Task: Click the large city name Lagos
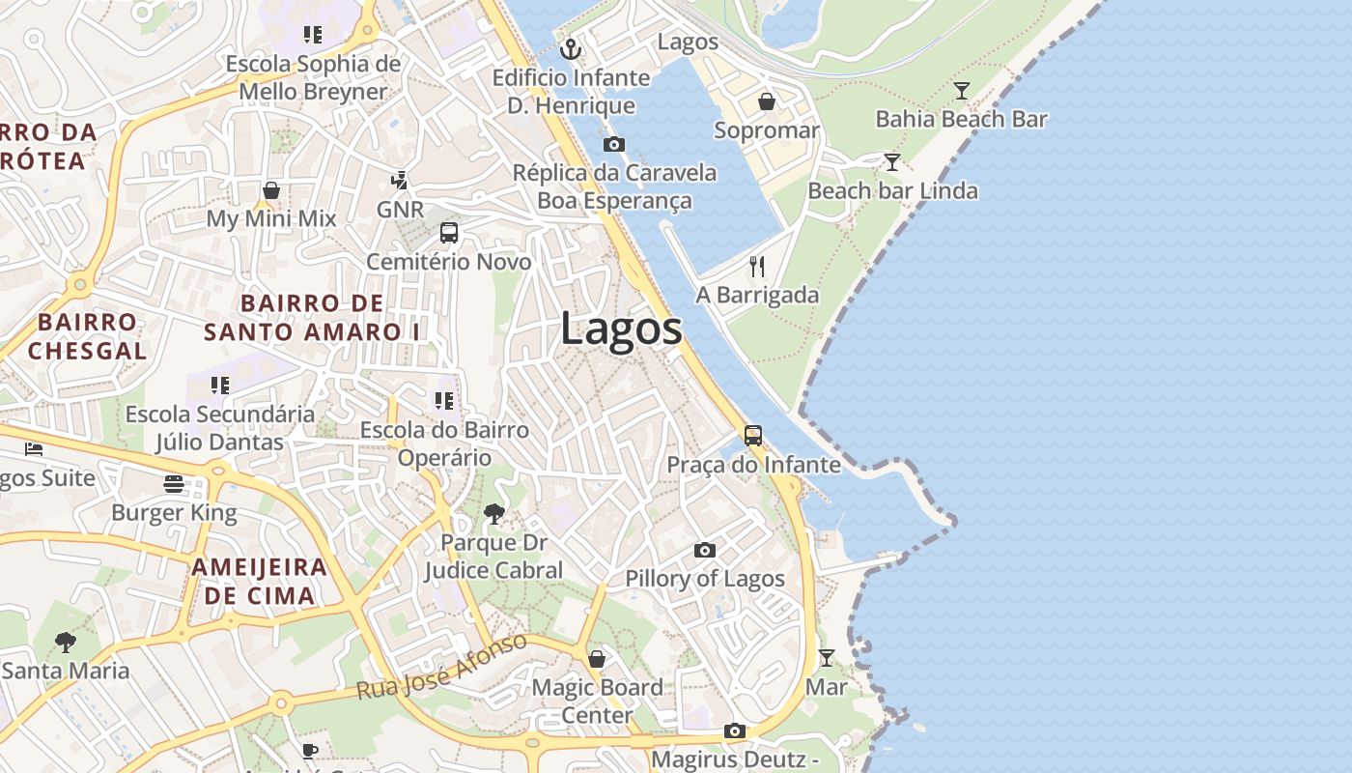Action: tap(621, 329)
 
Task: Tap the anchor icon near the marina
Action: tap(572, 48)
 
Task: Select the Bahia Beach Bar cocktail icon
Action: tap(962, 91)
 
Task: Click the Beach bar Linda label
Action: tap(892, 190)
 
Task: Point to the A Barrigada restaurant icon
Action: tap(757, 267)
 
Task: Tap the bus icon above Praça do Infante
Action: tap(753, 436)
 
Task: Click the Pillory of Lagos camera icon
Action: tap(705, 550)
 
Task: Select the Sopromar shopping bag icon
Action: tap(767, 101)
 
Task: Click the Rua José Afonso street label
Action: tap(442, 667)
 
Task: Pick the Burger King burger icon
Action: tap(174, 483)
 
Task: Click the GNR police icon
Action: tap(399, 180)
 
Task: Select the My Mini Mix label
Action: tap(271, 218)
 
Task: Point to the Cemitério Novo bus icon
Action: tap(449, 233)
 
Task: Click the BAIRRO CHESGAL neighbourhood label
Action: tap(87, 335)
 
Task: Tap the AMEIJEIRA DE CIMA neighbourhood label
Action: tap(259, 581)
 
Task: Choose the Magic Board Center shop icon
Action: tap(597, 659)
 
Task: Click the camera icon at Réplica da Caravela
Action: tap(613, 145)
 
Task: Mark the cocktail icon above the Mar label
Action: tap(827, 658)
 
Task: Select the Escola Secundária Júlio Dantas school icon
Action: tap(220, 386)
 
